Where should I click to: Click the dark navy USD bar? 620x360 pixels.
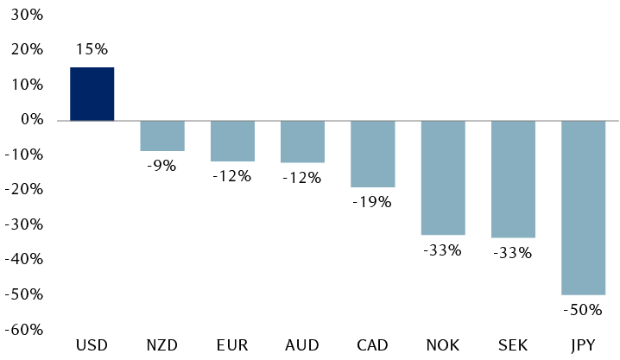(92, 94)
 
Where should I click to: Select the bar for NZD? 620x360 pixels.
(162, 136)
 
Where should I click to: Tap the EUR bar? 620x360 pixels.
(232, 141)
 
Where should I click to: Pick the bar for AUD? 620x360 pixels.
(302, 142)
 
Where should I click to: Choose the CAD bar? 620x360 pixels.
(372, 154)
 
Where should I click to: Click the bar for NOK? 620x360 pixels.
(443, 178)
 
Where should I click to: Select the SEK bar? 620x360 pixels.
(513, 179)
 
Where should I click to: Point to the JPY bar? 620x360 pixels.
(583, 207)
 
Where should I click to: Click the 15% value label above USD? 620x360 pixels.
(92, 50)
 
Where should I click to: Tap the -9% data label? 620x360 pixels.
(161, 166)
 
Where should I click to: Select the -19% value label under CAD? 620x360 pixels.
(372, 202)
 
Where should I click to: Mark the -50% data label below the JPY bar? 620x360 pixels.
(583, 310)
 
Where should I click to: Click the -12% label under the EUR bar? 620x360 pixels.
(232, 176)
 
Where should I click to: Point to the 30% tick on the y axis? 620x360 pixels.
(27, 16)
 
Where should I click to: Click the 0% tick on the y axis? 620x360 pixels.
(32, 120)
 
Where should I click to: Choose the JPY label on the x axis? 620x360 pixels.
(583, 345)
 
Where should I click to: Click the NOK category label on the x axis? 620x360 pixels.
(443, 345)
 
